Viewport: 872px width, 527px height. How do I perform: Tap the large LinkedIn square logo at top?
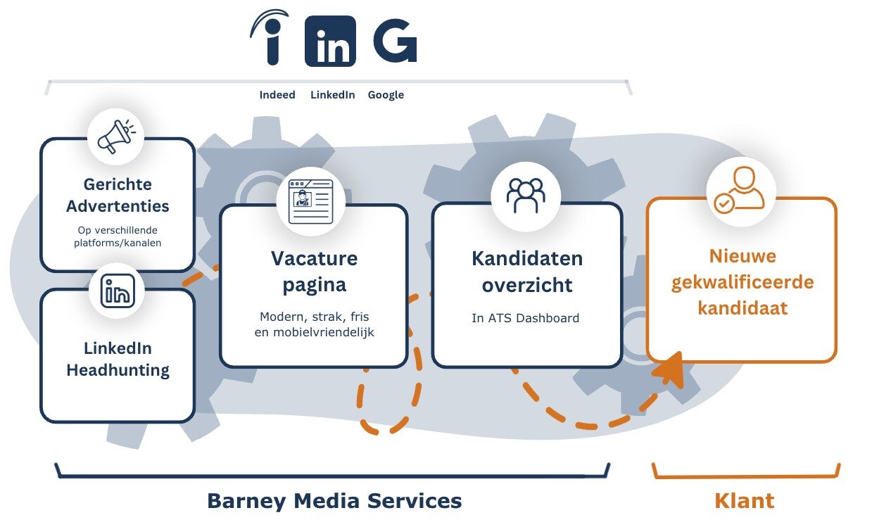330,42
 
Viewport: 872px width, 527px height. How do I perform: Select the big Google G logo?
395,41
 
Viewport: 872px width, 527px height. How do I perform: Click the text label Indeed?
277,95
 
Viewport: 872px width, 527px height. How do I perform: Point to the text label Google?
386,95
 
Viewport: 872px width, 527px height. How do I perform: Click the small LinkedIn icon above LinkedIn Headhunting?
118,291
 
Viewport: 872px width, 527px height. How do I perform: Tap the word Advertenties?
118,206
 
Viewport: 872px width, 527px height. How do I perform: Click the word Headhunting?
118,370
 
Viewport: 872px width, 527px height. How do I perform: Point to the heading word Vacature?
314,258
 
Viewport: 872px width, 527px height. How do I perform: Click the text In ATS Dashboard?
525,318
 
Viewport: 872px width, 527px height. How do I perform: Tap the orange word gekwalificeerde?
742,282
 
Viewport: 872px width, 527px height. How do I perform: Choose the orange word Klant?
744,501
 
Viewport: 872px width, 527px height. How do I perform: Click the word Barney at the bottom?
246,501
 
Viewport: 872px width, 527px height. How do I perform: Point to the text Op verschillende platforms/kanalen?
118,236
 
